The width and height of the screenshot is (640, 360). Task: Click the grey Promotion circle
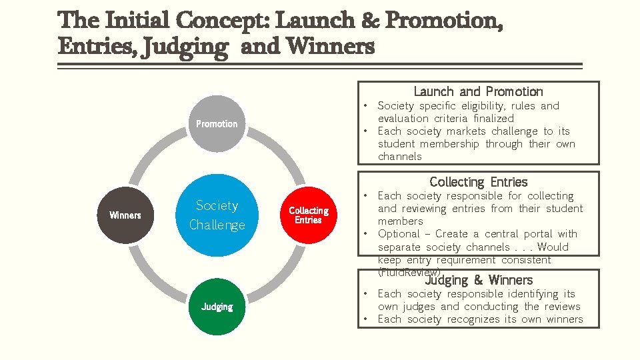pyautogui.click(x=217, y=123)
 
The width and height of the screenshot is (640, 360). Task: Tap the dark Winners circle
pyautogui.click(x=125, y=215)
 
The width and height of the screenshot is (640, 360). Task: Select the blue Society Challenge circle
pyautogui.click(x=217, y=215)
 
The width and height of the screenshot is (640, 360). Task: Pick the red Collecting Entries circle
pyautogui.click(x=308, y=215)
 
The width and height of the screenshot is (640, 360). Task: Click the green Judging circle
pyautogui.click(x=217, y=307)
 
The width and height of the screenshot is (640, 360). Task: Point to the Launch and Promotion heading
pyautogui.click(x=478, y=91)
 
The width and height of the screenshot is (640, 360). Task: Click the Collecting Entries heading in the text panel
pyautogui.click(x=478, y=182)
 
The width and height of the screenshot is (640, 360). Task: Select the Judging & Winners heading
pyautogui.click(x=479, y=280)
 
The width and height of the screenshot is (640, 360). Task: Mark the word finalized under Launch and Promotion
pyautogui.click(x=493, y=119)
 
